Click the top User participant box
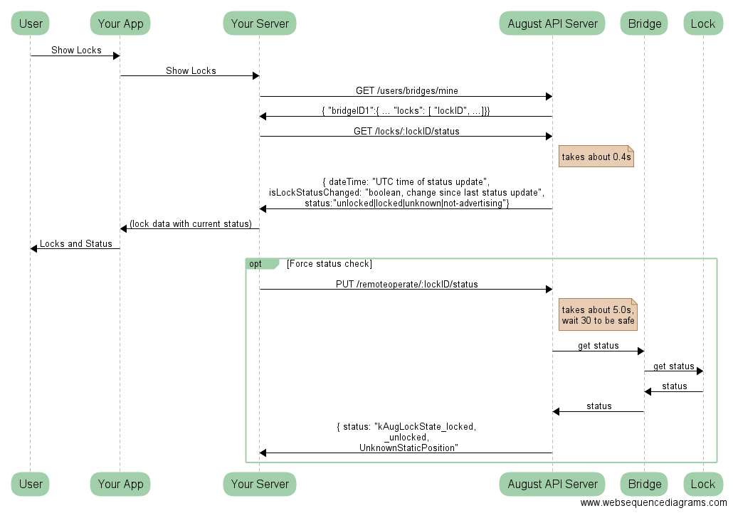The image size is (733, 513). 31,23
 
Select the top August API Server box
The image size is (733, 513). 552,23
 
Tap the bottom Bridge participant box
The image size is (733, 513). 644,484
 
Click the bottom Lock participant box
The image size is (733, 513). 702,484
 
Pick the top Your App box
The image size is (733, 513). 120,23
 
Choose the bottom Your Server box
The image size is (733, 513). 260,484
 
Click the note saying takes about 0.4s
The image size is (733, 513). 596,157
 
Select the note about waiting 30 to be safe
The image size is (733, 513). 597,314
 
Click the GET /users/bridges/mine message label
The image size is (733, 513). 406,90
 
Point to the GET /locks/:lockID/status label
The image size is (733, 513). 406,131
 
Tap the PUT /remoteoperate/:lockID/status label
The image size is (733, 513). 406,284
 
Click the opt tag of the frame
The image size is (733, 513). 256,264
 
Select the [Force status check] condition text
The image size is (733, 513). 329,264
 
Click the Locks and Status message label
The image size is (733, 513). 75,243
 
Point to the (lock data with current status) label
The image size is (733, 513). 190,223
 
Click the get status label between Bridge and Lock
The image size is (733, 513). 673,366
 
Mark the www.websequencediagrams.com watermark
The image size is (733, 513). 653,503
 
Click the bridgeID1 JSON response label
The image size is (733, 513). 406,111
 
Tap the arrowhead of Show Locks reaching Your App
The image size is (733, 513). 116,55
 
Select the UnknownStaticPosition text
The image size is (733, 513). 408,448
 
